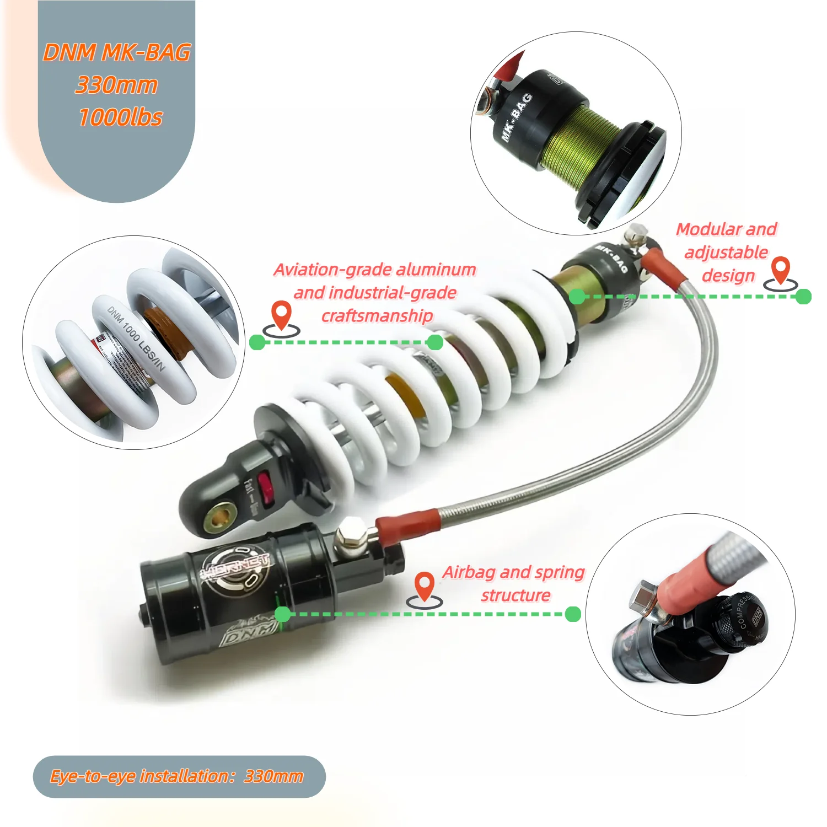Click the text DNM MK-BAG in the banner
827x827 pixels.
pos(117,53)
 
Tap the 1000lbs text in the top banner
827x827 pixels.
pos(121,117)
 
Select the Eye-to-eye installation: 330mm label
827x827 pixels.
pos(177,776)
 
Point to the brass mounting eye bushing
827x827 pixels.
pos(220,517)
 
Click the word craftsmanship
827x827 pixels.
pos(377,316)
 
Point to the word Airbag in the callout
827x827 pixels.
pos(469,572)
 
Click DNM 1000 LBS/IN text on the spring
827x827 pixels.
pos(136,337)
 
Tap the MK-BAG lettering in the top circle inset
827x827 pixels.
pos(517,117)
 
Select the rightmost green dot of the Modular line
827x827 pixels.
pos(803,297)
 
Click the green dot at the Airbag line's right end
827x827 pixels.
pos(573,614)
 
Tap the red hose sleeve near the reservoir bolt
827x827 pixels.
pos(408,524)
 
